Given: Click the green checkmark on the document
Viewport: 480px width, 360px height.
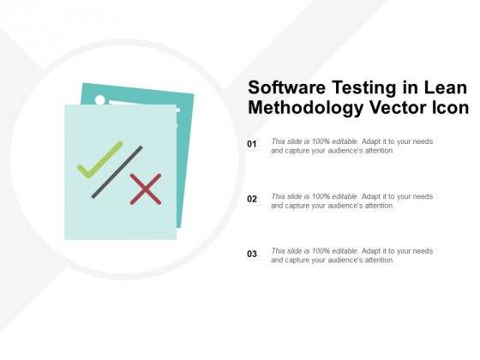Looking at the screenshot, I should [99, 159].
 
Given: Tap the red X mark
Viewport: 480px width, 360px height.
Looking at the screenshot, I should [146, 189].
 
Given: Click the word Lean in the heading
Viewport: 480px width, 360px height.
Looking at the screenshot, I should [445, 88].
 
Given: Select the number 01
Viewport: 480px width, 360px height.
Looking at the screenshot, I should [252, 144].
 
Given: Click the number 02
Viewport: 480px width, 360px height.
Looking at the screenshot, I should [252, 199].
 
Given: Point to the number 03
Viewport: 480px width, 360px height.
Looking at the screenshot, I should [252, 254].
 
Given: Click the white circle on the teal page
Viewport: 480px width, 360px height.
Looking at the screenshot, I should [100, 100].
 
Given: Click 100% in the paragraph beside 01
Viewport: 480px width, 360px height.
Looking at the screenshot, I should [318, 141].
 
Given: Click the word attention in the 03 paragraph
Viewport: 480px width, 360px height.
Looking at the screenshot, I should [378, 260].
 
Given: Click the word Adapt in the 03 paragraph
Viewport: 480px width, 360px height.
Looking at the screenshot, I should [371, 250].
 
